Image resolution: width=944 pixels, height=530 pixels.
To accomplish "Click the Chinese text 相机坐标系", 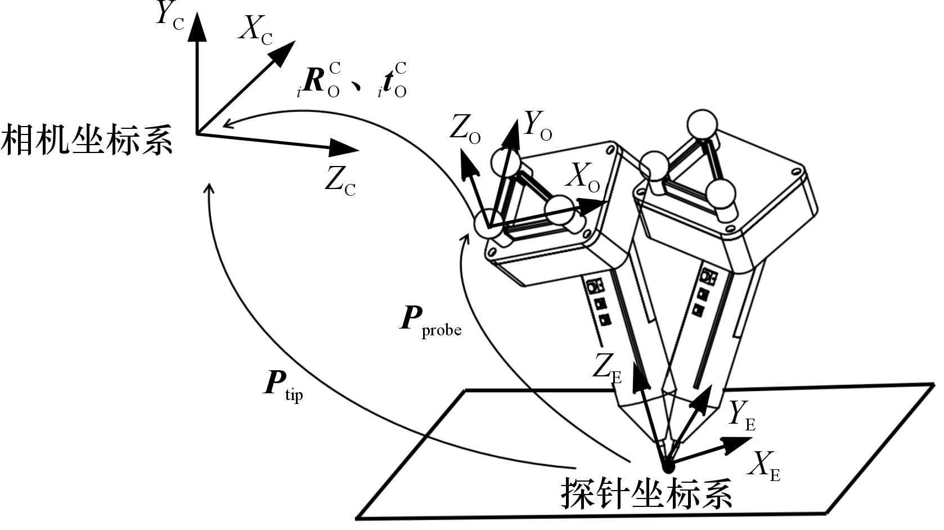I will [87, 140].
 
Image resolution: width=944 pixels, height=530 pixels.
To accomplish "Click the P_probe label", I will [430, 321].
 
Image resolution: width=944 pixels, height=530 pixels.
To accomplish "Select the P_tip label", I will [284, 385].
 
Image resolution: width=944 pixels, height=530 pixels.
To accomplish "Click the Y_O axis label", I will [537, 125].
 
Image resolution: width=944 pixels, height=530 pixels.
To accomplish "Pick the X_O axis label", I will [583, 178].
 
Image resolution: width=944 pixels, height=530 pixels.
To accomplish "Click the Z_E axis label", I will [608, 369].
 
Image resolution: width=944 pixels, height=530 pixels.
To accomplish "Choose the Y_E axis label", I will [742, 416].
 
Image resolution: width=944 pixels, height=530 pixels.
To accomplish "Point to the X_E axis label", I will [766, 466].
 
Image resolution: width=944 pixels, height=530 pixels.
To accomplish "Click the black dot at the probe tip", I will [668, 466].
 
